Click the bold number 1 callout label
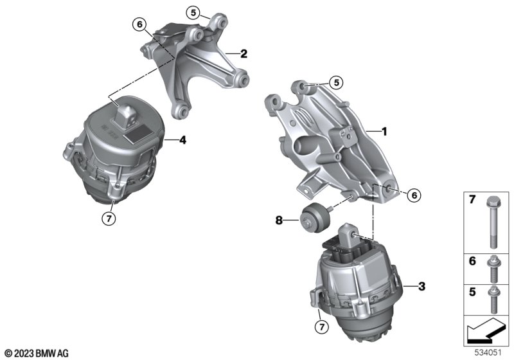384,132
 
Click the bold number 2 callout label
244,53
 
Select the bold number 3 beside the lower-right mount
422,286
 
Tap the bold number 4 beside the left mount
182,140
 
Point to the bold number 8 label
279,221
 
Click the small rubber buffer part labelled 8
314,217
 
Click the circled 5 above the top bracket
193,13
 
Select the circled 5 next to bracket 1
336,83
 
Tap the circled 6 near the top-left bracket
139,24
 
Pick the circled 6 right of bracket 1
414,195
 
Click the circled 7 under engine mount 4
109,218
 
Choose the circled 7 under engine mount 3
322,327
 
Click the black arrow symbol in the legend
486,330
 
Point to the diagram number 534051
488,353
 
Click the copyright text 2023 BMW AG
37,354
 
